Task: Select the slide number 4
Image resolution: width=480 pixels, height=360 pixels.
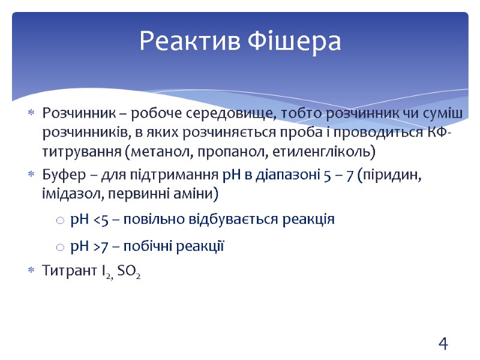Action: tap(443, 344)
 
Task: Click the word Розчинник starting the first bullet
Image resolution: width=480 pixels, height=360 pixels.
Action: tap(71, 112)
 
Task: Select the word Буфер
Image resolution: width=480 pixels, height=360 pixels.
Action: tap(59, 175)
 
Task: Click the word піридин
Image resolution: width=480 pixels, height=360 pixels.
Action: tap(391, 175)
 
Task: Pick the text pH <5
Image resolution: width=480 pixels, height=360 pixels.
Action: tap(88, 220)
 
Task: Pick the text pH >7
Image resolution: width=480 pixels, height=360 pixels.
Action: tap(88, 246)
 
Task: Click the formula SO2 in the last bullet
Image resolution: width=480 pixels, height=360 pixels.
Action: tap(130, 272)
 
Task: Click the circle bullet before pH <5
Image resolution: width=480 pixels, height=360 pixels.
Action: tap(59, 221)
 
